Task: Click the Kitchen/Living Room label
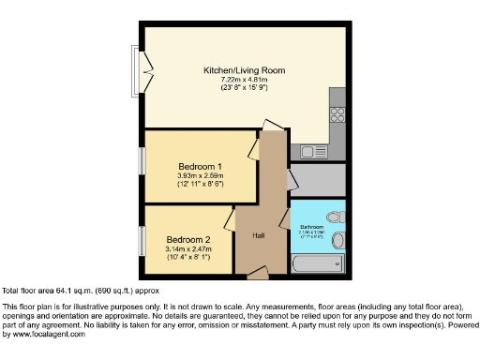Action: coord(244,70)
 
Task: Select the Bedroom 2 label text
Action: coord(188,239)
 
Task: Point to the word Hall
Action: coord(258,236)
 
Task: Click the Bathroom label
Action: coord(312,228)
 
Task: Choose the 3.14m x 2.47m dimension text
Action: coord(188,249)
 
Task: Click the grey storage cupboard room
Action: coord(318,179)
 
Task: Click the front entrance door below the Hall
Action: coord(256,273)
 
